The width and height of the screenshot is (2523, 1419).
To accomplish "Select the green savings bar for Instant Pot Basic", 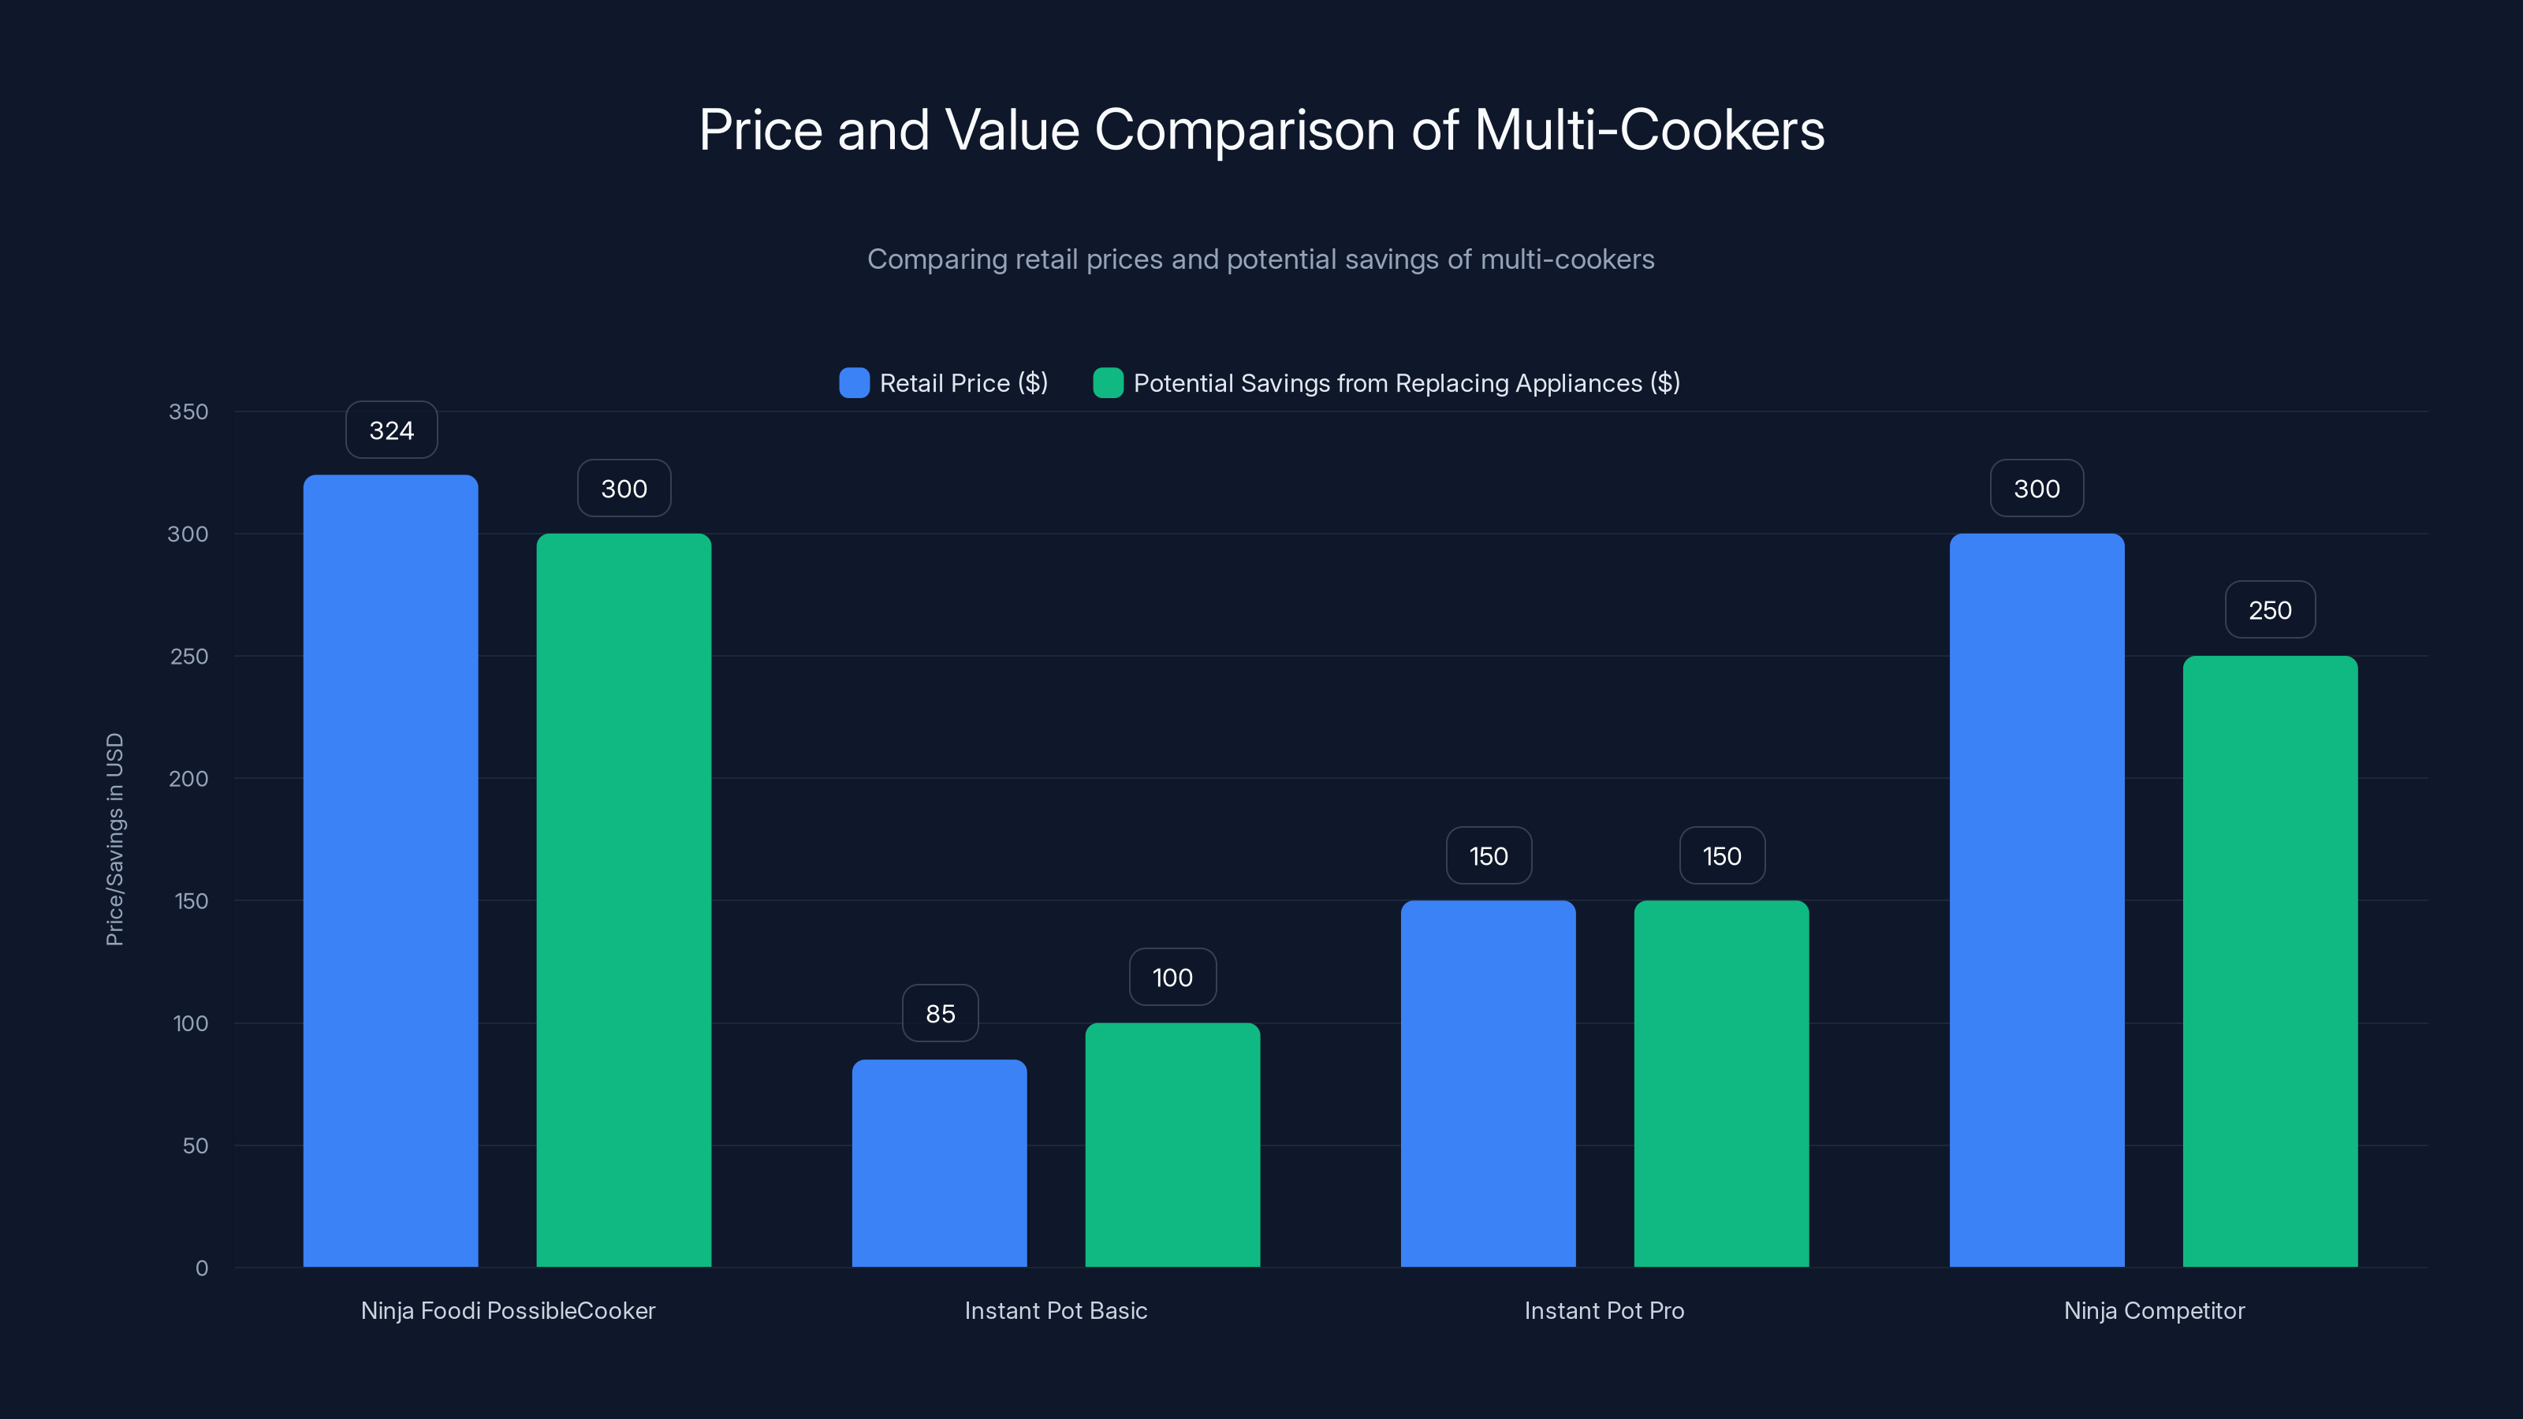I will [1172, 1145].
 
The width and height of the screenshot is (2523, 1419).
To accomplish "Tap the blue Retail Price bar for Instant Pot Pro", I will [1488, 1083].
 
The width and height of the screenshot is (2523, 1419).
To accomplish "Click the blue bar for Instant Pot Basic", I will [939, 1163].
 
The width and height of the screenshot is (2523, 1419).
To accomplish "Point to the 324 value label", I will [392, 431].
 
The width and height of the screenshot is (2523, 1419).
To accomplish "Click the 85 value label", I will [941, 1014].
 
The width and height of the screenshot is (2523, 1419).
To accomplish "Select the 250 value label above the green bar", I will [2269, 610].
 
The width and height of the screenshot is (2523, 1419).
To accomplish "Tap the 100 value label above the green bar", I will [1172, 978].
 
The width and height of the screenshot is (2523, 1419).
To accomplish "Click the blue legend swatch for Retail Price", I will [854, 383].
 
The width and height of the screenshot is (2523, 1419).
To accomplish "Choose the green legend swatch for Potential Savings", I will [1108, 383].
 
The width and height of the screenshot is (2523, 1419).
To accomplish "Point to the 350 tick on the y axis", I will [188, 412].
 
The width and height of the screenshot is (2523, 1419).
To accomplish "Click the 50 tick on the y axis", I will [195, 1145].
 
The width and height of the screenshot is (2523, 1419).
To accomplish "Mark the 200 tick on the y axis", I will [188, 779].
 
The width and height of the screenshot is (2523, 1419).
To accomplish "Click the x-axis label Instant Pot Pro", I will [1604, 1310].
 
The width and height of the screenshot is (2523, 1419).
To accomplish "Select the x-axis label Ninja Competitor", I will [2154, 1310].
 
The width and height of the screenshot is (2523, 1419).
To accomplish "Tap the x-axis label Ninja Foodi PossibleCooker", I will [507, 1310].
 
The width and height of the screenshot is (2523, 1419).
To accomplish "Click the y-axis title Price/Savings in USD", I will [114, 840].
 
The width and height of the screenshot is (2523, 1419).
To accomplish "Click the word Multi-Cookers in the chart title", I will [1649, 130].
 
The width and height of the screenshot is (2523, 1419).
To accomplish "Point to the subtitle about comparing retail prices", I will [1261, 259].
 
